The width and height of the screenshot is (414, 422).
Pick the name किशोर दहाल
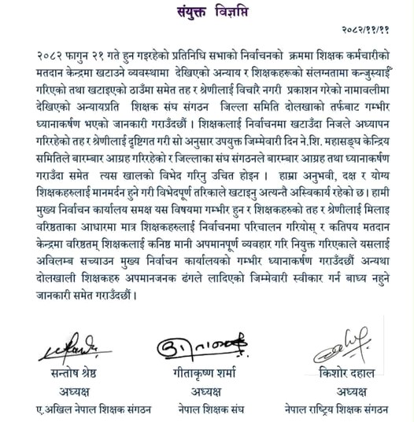click(x=340, y=372)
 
